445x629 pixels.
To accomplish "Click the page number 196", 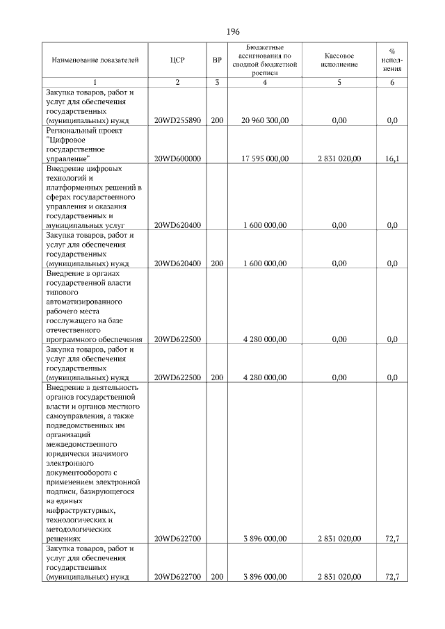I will click(x=233, y=32).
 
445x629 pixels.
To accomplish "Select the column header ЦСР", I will click(x=177, y=60).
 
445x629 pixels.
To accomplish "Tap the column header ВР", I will click(x=217, y=60).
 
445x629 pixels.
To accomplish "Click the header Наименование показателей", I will click(x=96, y=60).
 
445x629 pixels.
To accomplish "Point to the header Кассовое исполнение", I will click(x=339, y=60).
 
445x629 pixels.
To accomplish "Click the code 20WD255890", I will click(x=177, y=120).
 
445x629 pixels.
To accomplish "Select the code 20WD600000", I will click(x=177, y=158).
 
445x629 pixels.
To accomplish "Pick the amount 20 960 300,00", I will click(x=264, y=120).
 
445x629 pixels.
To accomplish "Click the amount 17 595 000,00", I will click(x=264, y=158).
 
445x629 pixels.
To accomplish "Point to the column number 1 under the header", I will click(x=96, y=83).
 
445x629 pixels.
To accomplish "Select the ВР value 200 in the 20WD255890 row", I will click(x=217, y=120).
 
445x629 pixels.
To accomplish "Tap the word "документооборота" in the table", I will click(x=78, y=472).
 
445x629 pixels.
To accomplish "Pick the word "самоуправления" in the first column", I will click(x=74, y=414).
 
